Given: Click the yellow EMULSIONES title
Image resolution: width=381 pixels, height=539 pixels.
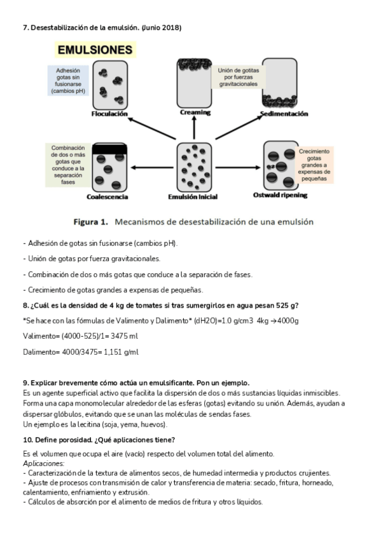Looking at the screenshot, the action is (x=95, y=50).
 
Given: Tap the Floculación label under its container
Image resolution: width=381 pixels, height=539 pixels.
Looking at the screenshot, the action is (x=109, y=114).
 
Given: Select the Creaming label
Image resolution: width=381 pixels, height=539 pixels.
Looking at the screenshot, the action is (x=195, y=113).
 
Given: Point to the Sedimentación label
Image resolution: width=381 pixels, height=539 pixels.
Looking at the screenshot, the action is (x=284, y=114).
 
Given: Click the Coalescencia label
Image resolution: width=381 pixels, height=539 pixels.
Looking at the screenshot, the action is (x=107, y=197).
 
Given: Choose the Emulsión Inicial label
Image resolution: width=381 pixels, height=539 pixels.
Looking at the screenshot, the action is (x=193, y=197).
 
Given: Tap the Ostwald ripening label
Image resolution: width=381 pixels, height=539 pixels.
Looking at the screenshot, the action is (x=281, y=195).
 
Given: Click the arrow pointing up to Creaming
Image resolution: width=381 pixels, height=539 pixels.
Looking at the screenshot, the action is (x=194, y=127).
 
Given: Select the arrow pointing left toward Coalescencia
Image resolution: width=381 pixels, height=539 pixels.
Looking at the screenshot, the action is (x=152, y=168).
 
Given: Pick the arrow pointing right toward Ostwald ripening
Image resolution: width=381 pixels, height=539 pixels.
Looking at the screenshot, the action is (x=238, y=168).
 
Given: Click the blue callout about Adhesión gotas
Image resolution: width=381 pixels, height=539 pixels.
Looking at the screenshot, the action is (x=68, y=81).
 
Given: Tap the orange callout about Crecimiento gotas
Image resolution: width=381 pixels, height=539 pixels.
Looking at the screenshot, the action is (x=314, y=165).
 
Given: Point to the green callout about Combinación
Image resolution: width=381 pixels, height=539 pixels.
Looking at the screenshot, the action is (x=68, y=165).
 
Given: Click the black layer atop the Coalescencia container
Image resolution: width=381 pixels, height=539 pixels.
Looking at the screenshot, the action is (x=109, y=149).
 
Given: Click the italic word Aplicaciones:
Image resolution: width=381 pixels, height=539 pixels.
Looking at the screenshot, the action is (x=44, y=464).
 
